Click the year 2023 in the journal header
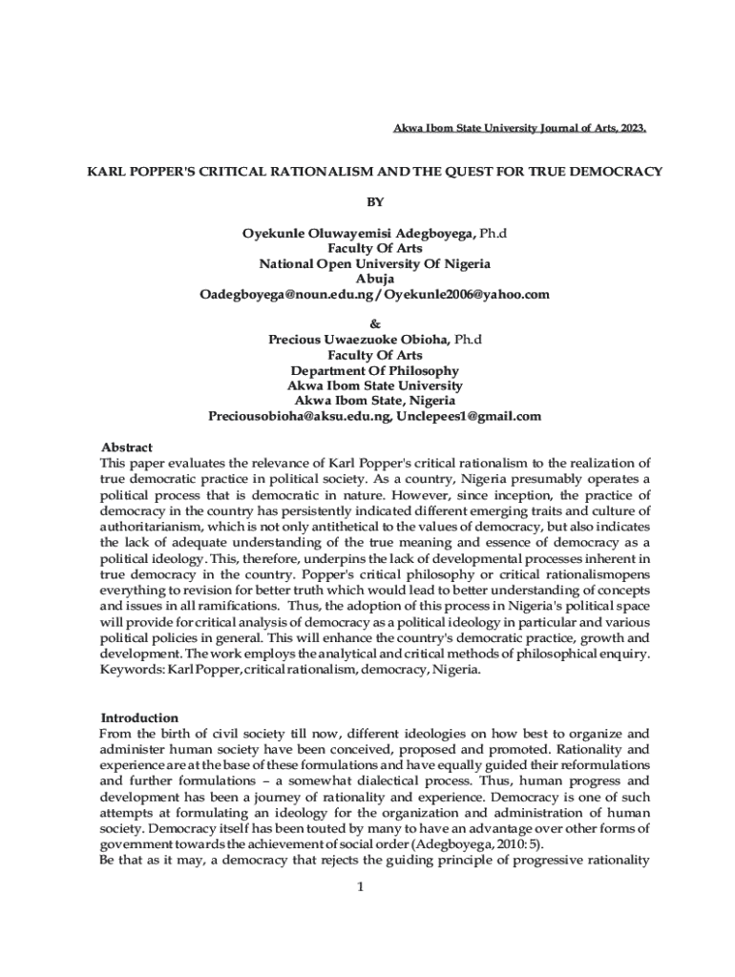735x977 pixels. coord(631,128)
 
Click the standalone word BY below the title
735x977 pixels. coord(375,202)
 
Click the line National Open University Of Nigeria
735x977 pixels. coord(375,263)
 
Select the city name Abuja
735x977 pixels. coord(375,279)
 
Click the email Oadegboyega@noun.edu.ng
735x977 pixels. coord(283,294)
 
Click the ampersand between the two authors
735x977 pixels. coord(375,324)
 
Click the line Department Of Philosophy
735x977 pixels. coord(375,370)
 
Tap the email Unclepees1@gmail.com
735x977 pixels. coord(469,416)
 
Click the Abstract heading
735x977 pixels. coord(127,447)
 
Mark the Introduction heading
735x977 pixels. coord(139,717)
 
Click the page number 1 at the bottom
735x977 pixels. coord(361,887)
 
